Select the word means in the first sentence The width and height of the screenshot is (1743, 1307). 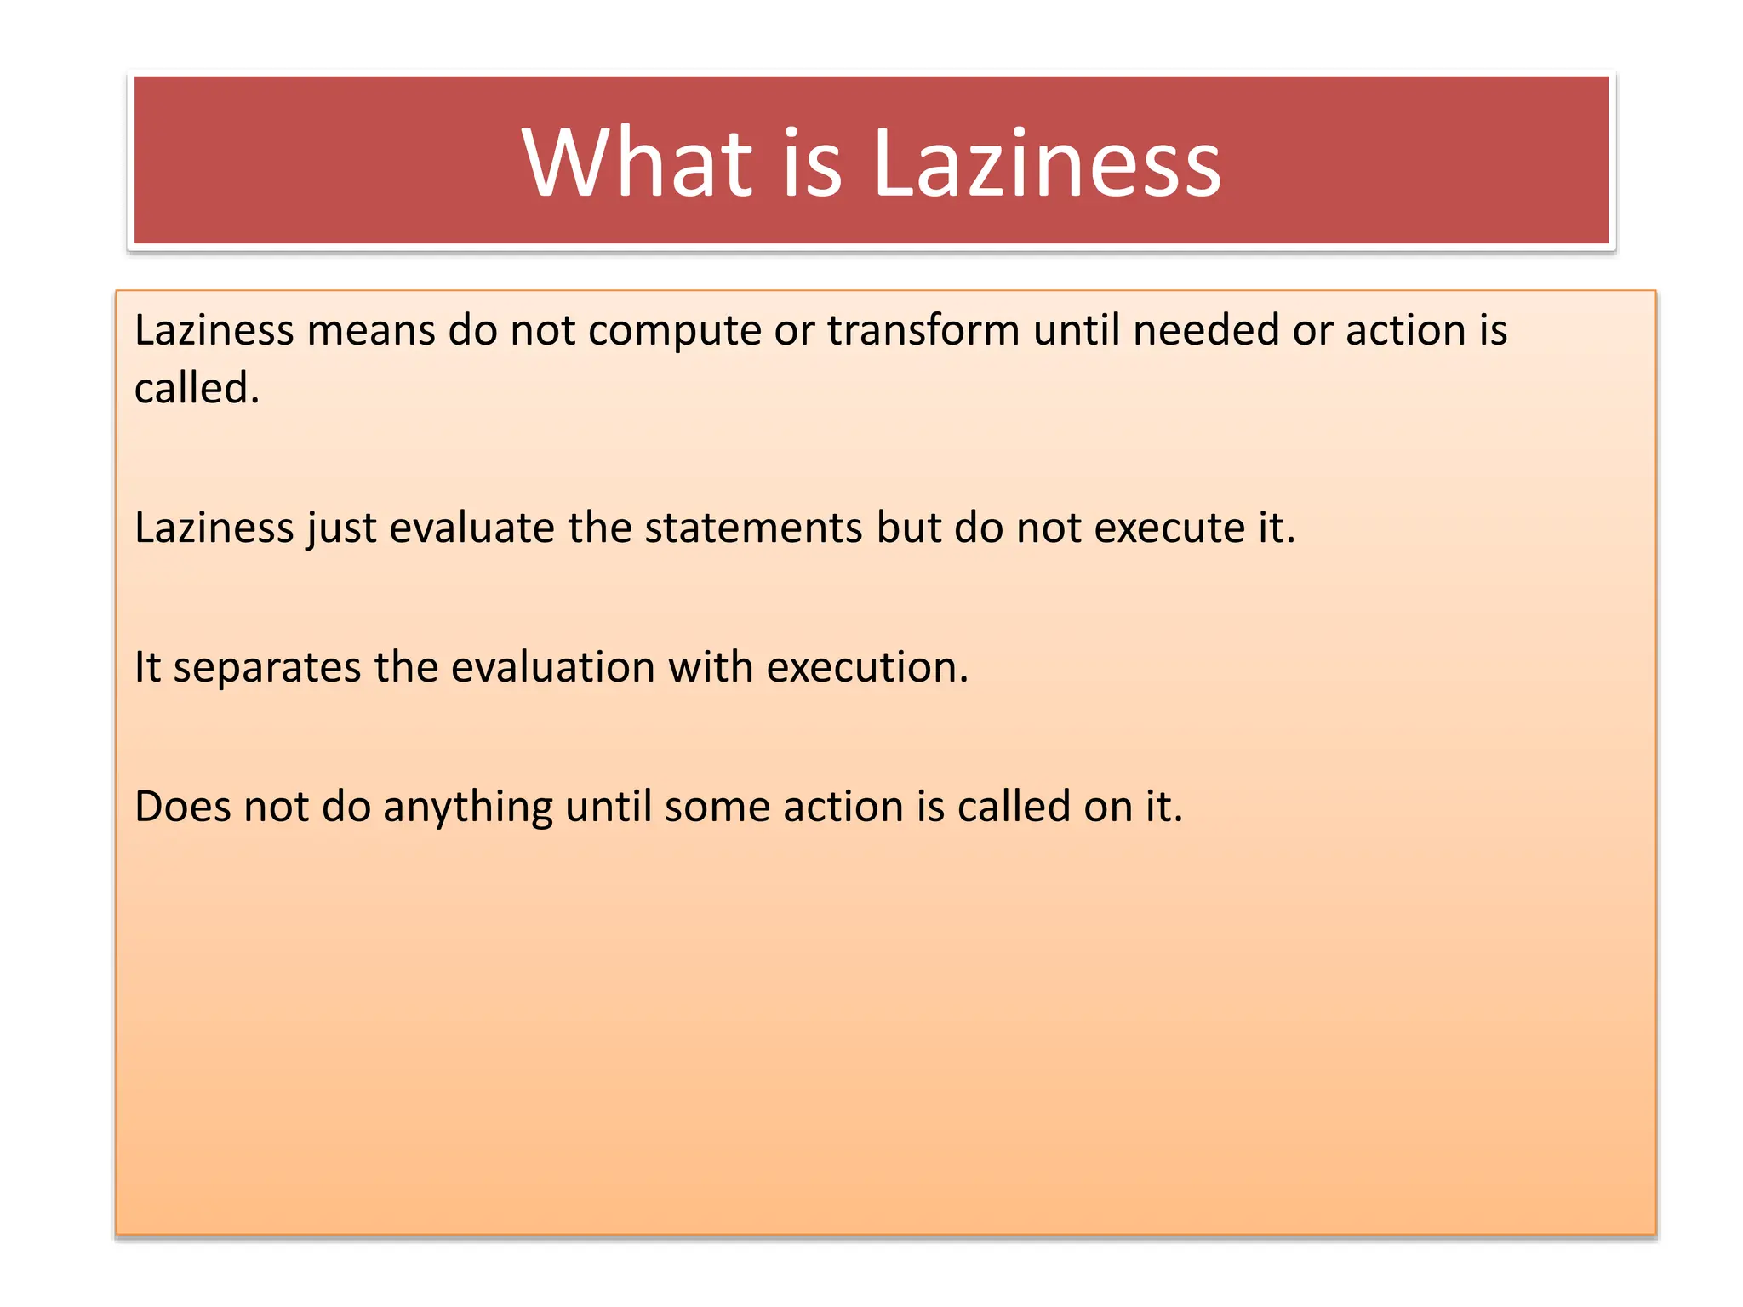coord(371,330)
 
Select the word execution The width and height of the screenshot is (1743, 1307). coord(866,667)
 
